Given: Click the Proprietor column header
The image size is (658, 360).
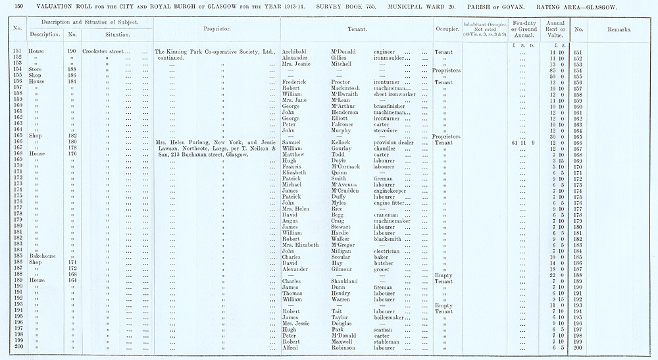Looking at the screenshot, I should click(216, 30).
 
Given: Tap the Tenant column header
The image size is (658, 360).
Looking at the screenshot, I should click(357, 30).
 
